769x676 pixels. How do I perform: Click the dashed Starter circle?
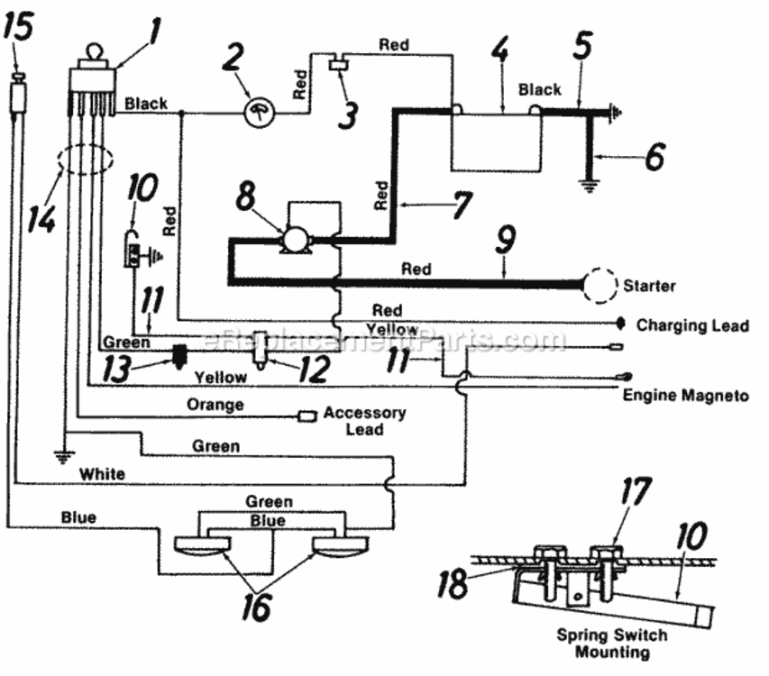coord(600,286)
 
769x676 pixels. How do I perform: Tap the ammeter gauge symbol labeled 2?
coord(259,114)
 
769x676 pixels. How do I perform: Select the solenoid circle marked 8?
coord(294,239)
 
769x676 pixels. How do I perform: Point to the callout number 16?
coord(256,606)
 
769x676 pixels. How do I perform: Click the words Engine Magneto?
coord(686,395)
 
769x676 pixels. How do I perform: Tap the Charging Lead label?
coord(692,325)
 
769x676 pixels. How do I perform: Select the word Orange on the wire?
coord(215,405)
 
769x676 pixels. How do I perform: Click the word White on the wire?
coord(102,474)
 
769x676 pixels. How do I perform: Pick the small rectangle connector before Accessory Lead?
coord(307,416)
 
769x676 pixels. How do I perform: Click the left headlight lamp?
coord(203,545)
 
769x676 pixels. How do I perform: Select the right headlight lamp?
coord(341,545)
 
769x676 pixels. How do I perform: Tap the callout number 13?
coord(116,369)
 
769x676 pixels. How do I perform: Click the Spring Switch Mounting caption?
coord(612,644)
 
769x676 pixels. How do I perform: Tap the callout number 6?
coord(655,157)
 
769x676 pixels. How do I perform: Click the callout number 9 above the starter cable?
coord(506,240)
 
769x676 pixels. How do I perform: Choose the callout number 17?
coord(636,491)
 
